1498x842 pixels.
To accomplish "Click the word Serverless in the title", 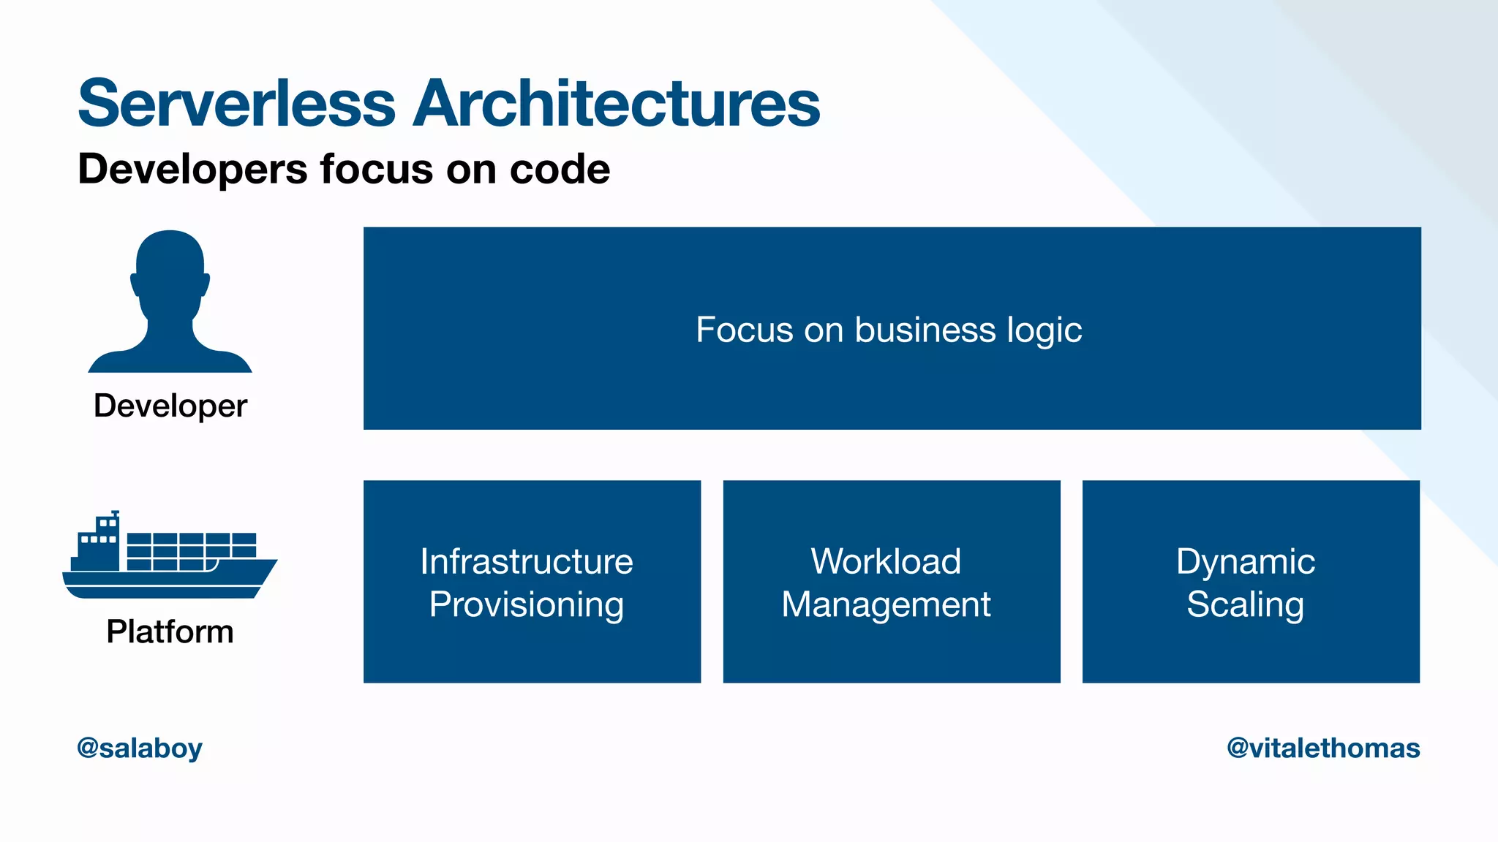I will (236, 104).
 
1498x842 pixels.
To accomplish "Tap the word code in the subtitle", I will (560, 169).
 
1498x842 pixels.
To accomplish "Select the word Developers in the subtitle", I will (193, 169).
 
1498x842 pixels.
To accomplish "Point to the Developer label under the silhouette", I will (170, 406).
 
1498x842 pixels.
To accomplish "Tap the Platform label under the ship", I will (170, 631).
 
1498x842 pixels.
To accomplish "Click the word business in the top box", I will (925, 330).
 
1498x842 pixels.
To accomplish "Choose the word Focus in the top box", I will (744, 330).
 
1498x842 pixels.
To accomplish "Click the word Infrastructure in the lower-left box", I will (527, 561).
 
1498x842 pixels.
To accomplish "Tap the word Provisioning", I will (527, 604).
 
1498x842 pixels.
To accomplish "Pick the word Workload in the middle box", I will (886, 561).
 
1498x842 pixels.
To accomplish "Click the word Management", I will (886, 604).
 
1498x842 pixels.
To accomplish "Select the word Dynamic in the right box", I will (1246, 561).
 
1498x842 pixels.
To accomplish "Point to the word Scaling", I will (1246, 604).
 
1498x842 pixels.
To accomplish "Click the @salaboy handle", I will (140, 748).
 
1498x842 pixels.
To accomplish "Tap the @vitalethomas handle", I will (1323, 748).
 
